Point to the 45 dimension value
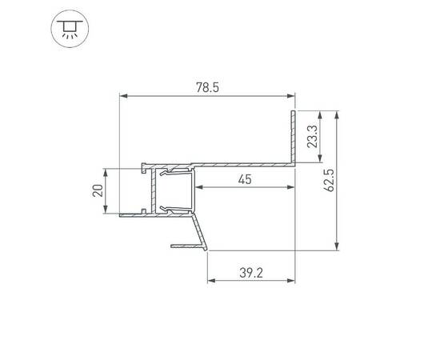pyautogui.click(x=245, y=179)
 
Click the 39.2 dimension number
pyautogui.click(x=250, y=273)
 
